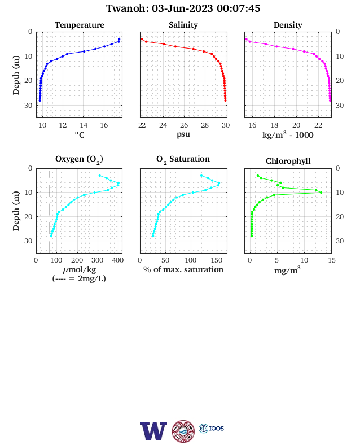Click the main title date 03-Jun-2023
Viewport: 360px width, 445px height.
[x=182, y=8]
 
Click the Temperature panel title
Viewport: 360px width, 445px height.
[x=80, y=25]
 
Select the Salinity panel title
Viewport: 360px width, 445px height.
[x=183, y=25]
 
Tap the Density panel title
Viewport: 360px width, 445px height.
[x=288, y=25]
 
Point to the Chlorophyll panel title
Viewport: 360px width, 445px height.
[x=288, y=161]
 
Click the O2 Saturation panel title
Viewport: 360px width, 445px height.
[x=183, y=159]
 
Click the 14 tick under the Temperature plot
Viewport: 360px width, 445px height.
[x=84, y=125]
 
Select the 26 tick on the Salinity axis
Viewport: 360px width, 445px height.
[x=184, y=125]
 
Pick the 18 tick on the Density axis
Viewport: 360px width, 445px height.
[x=274, y=125]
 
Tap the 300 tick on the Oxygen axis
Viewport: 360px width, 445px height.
[x=98, y=260]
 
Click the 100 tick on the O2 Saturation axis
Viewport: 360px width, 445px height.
[x=191, y=260]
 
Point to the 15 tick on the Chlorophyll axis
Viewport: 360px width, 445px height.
[x=331, y=260]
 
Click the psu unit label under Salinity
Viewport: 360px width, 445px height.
[x=183, y=134]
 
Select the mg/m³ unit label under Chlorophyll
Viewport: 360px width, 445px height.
[x=287, y=270]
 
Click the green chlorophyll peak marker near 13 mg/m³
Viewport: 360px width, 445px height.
[x=321, y=193]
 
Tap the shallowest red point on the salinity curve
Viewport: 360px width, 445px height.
[x=142, y=39]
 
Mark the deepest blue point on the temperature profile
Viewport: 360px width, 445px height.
[x=40, y=101]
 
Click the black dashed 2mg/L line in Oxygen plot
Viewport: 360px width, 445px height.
[x=49, y=211]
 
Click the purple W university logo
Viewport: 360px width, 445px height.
[x=153, y=430]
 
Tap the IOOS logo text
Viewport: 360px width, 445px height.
[x=217, y=428]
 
